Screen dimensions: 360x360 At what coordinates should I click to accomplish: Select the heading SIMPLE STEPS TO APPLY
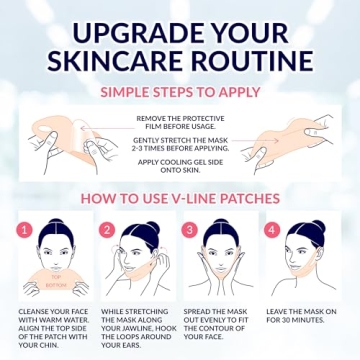(x=180, y=92)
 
